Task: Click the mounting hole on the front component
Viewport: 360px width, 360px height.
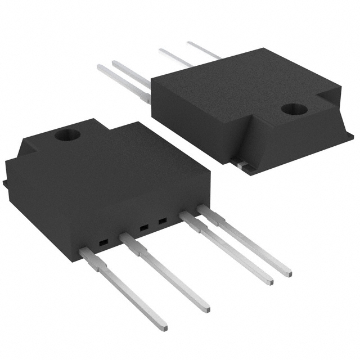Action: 67,135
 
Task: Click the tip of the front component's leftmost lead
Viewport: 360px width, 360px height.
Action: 163,326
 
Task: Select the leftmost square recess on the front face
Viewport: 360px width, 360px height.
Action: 103,242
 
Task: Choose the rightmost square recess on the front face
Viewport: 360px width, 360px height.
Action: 162,222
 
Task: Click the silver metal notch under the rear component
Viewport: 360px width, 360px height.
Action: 240,164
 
